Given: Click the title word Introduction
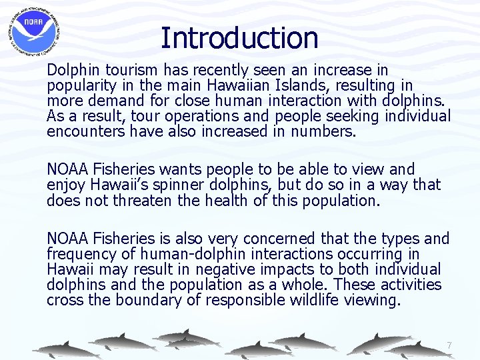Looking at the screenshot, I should (239, 38).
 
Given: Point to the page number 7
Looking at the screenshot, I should (449, 345).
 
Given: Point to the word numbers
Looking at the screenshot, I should (322, 131).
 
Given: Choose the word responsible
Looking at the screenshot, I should (245, 300).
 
